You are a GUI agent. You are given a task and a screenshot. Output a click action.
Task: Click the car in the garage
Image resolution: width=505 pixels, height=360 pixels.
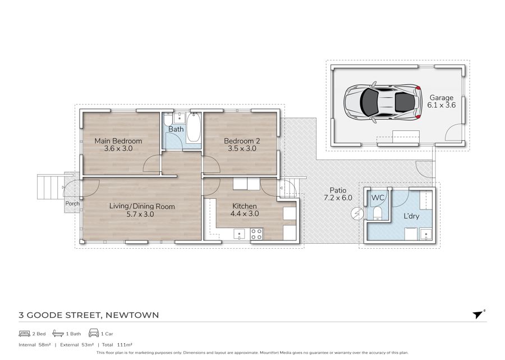tap(383, 102)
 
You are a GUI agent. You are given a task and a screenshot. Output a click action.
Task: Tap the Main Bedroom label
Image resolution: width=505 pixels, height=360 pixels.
tap(118, 141)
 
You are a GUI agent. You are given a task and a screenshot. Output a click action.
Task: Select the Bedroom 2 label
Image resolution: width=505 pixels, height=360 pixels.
tap(242, 141)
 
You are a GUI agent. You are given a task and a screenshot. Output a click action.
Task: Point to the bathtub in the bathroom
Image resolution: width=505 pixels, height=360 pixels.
tap(194, 127)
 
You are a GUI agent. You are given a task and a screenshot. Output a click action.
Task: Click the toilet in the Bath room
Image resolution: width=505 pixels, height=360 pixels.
tap(167, 120)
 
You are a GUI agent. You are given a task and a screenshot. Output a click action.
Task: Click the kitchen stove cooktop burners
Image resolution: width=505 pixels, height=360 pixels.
tap(256, 234)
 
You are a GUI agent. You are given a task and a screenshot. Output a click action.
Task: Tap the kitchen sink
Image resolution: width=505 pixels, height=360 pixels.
tap(239, 234)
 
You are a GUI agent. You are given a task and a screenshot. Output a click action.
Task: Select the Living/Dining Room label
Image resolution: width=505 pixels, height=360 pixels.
tap(142, 206)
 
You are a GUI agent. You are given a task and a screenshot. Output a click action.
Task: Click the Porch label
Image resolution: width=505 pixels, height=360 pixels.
tap(72, 203)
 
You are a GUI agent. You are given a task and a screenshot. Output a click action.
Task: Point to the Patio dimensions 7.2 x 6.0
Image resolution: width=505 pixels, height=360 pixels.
tap(338, 198)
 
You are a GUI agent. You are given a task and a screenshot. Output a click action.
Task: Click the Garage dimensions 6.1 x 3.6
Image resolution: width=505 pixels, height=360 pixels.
tap(441, 105)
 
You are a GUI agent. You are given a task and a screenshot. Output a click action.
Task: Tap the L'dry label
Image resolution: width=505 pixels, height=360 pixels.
tap(411, 216)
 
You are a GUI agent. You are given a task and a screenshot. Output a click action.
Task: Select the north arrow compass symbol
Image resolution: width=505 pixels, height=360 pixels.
tap(479, 314)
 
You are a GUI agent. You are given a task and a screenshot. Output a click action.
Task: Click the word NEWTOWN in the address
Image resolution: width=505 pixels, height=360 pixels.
tap(132, 315)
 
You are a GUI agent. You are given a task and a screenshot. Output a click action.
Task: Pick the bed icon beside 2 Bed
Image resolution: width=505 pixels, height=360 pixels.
tap(24, 333)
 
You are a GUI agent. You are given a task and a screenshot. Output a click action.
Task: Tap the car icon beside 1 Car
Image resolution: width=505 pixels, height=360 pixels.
tap(94, 333)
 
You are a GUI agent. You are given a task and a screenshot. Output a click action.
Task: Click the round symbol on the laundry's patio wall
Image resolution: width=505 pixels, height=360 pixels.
tap(357, 213)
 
